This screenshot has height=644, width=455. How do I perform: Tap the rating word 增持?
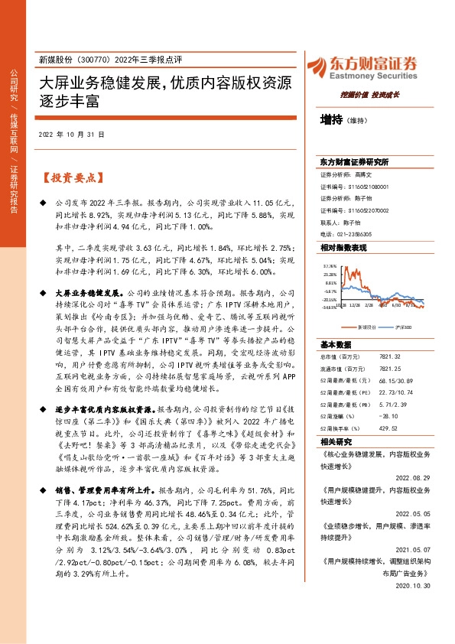331,119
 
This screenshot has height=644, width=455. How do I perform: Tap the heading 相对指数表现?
343,249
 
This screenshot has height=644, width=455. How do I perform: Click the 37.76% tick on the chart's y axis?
330,265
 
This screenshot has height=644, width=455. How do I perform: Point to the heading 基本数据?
334,343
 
